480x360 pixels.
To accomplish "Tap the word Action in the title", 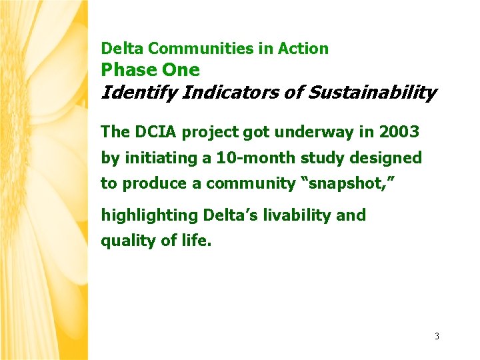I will pos(303,49).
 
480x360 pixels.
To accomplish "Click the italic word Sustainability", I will pos(371,93).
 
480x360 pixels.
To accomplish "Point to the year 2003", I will pos(399,132).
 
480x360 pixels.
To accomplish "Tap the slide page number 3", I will pos(437,336).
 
